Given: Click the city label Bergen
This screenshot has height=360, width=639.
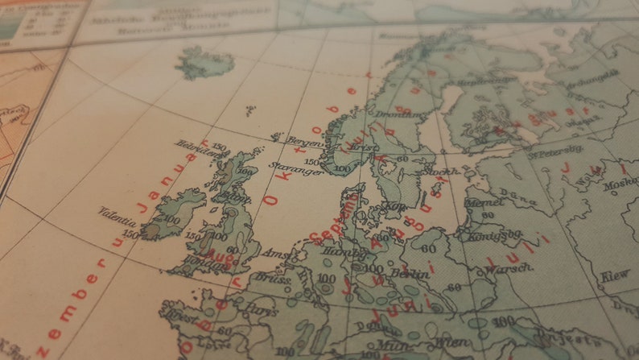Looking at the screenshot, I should (x=299, y=140).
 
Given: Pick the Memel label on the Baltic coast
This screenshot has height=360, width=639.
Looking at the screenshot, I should (x=478, y=203).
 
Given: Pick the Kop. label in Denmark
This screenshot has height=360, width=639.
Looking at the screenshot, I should (x=398, y=207).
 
